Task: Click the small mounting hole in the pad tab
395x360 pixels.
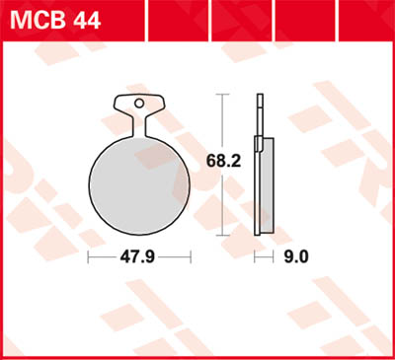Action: (139, 102)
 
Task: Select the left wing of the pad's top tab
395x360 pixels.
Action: (121, 102)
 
